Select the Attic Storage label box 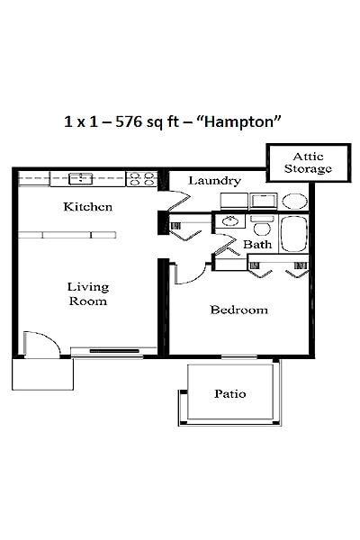[x=307, y=162]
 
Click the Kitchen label [x=87, y=207]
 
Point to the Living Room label [x=87, y=294]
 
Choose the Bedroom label [x=238, y=310]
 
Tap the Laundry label [x=214, y=181]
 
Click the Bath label [x=257, y=244]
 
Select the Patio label [x=230, y=394]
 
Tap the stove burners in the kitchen [x=141, y=178]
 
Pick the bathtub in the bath [x=293, y=234]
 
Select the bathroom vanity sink [x=230, y=219]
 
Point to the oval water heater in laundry [x=293, y=201]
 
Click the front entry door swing [x=40, y=343]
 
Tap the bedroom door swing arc [x=187, y=273]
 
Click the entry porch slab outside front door [x=42, y=373]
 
